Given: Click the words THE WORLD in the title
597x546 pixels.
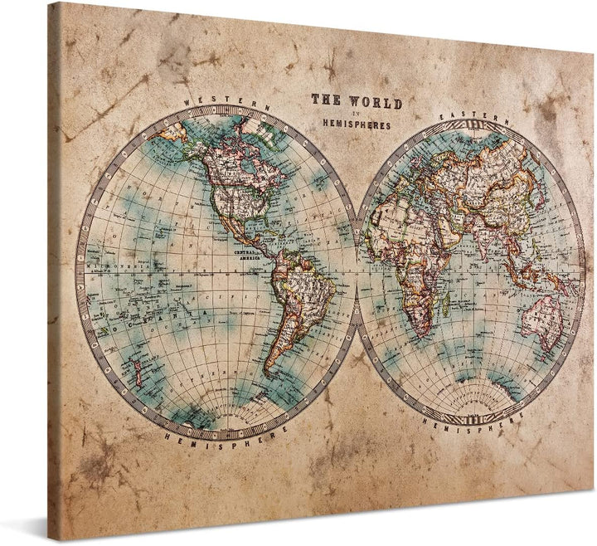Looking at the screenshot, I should (356, 102).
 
